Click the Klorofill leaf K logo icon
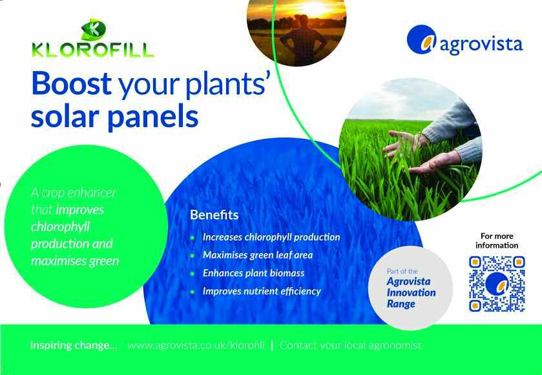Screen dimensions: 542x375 coord(93,29)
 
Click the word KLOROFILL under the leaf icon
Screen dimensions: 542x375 coord(92,50)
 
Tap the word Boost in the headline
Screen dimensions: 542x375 coord(71,83)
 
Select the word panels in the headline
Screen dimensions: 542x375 coord(153,117)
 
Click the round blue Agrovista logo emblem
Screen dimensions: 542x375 coord(422,40)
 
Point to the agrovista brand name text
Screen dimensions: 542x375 coord(481,45)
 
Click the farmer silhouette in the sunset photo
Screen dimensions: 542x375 coord(303,40)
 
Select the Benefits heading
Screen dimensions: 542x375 coord(214,215)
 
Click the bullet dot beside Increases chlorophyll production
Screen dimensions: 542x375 coord(193,238)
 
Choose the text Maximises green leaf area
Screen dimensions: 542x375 coord(258,255)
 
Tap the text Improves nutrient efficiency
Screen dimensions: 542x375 coord(262,292)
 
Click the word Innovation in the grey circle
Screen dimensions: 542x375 coord(411,292)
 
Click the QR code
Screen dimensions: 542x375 coord(497,283)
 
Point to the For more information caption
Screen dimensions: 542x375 coord(497,241)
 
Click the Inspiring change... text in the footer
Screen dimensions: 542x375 coord(74,345)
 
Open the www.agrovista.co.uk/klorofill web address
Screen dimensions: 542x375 coord(196,345)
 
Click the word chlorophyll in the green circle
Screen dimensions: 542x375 coord(61,227)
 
